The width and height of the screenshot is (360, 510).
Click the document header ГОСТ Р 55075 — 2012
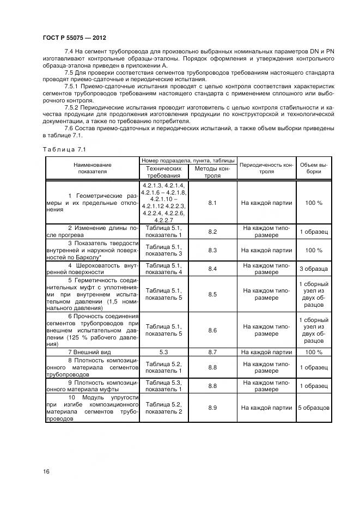click(74, 38)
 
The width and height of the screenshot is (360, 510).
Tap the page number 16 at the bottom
click(46, 470)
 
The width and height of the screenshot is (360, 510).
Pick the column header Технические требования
click(163, 172)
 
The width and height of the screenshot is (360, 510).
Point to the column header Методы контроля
click(212, 172)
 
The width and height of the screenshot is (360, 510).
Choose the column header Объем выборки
click(314, 168)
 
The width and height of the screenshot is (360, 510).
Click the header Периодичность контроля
click(267, 168)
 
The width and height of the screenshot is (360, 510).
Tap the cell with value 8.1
click(212, 203)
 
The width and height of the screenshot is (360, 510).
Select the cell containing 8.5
click(212, 294)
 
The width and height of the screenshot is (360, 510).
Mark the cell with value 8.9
click(212, 408)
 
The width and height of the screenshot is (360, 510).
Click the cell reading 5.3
click(163, 353)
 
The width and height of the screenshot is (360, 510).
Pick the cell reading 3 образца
click(314, 269)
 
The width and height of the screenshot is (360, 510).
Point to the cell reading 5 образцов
click(314, 408)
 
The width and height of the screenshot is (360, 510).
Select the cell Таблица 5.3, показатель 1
click(163, 386)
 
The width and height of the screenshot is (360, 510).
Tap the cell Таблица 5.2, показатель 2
click(163, 408)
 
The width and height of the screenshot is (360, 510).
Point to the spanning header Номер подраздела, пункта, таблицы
click(188, 161)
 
